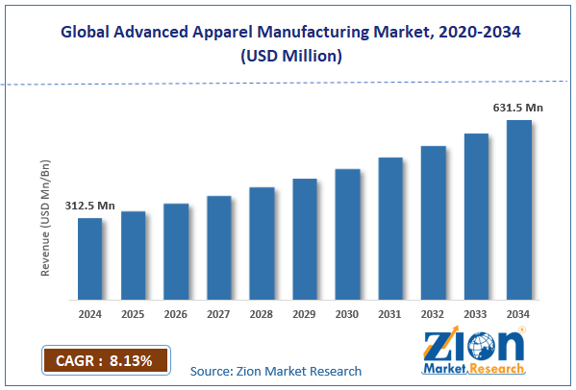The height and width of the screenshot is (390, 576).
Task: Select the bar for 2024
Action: (x=89, y=257)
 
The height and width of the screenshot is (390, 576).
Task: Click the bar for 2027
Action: (x=218, y=247)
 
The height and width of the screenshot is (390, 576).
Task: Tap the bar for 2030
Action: (x=347, y=233)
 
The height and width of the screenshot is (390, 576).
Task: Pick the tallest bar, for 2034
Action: (x=519, y=208)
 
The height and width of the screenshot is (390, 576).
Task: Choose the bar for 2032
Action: (x=433, y=222)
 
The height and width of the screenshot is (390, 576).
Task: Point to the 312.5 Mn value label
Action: (x=90, y=206)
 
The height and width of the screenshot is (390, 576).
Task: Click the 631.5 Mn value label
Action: (x=519, y=108)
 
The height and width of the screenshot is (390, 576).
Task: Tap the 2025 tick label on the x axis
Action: (x=133, y=313)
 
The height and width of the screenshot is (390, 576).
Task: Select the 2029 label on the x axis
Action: (x=305, y=313)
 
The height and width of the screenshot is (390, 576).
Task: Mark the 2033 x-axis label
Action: (x=476, y=313)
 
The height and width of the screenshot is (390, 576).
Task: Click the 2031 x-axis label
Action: (x=390, y=313)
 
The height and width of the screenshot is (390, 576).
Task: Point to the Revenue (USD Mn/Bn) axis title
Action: (x=45, y=220)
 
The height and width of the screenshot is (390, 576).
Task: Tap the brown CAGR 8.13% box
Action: (x=105, y=360)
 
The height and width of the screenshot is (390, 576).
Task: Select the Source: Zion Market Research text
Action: (x=276, y=371)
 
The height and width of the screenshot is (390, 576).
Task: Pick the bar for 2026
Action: (x=176, y=251)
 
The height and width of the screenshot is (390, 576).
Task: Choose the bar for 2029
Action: (x=305, y=238)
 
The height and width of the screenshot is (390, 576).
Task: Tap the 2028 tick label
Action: (x=262, y=313)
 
